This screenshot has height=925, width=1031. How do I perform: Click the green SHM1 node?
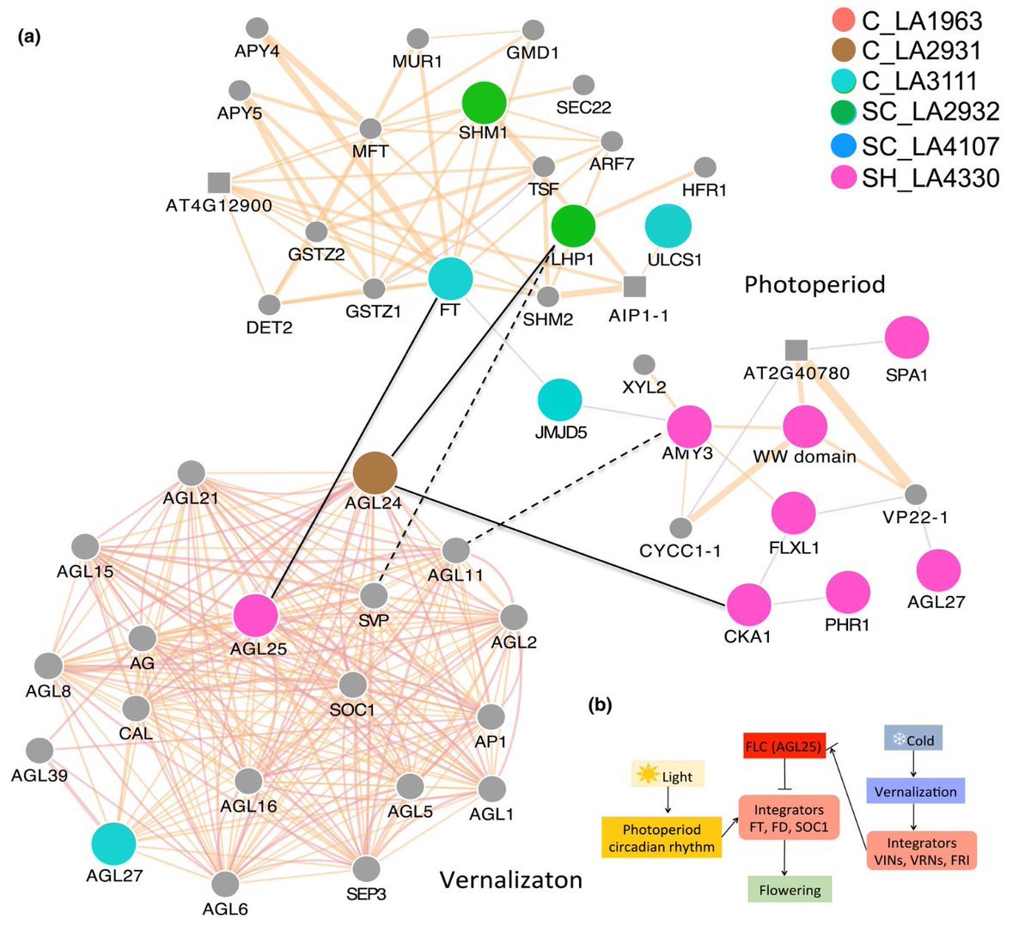(484, 103)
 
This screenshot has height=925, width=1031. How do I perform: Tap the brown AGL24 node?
(375, 472)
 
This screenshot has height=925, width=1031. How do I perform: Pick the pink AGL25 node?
(256, 616)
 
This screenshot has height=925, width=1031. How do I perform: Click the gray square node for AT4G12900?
(219, 182)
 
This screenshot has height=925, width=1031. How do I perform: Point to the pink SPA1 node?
(906, 338)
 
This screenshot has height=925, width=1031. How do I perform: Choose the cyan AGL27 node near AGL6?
(114, 843)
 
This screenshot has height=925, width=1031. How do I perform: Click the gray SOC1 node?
(353, 685)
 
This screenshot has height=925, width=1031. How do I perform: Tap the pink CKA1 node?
(748, 605)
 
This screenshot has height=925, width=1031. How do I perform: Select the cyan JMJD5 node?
(559, 399)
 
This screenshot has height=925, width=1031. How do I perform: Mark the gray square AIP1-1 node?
(634, 286)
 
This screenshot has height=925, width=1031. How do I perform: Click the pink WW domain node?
(805, 426)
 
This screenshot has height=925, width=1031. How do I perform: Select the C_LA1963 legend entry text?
(921, 21)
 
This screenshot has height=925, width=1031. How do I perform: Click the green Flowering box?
(789, 890)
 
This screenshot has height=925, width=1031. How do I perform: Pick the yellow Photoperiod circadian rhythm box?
(661, 838)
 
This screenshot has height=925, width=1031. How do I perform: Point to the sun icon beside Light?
(646, 775)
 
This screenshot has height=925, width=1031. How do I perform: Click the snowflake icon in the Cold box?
(899, 739)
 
